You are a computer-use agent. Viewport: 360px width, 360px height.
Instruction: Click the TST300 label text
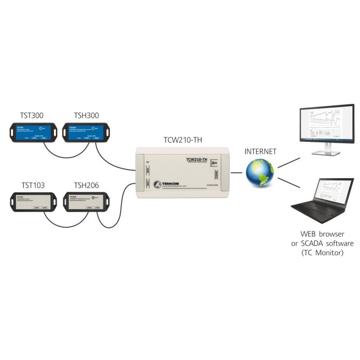coord(32,115)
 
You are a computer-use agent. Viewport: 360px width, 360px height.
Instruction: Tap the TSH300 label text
coord(86,115)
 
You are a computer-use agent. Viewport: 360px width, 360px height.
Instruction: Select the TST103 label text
coord(32,185)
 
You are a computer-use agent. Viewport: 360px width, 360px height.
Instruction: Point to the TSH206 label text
coord(86,185)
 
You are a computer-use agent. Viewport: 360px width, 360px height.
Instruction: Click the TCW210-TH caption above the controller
coord(183,140)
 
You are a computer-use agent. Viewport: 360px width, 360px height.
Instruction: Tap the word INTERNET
coord(261,151)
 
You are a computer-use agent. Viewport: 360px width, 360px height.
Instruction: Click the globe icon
coord(260,173)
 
